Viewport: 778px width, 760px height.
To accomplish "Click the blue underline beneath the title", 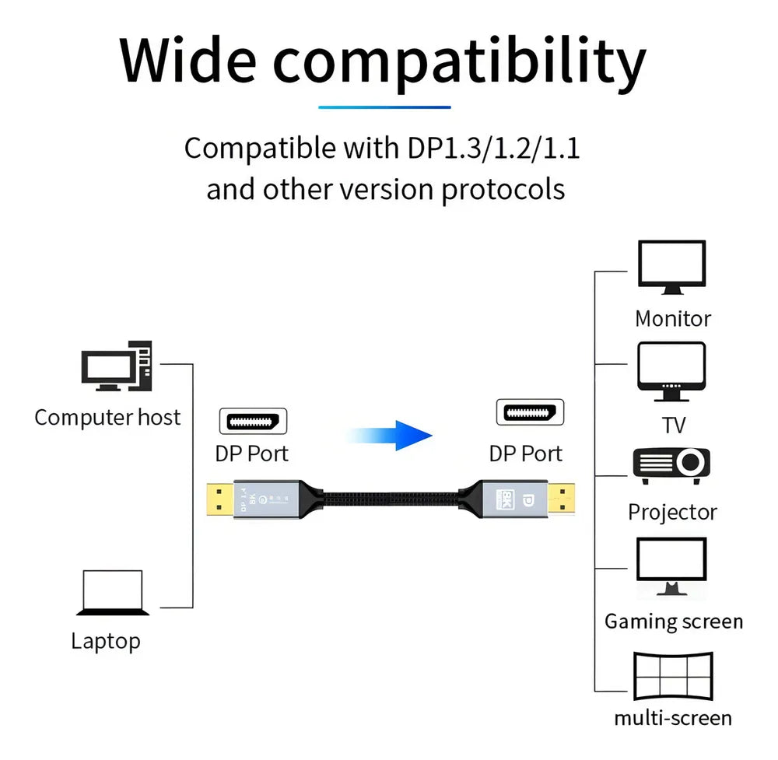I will click(384, 107).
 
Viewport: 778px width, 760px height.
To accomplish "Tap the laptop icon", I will click(114, 593).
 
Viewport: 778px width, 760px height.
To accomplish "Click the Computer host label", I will click(107, 418).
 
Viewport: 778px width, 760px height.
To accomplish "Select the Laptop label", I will click(106, 641).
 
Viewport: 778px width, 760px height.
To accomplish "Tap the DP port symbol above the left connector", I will click(253, 421).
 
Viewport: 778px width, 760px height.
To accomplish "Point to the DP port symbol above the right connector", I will click(530, 412).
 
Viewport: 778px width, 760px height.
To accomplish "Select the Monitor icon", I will click(672, 267).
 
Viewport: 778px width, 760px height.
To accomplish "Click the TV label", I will click(674, 426).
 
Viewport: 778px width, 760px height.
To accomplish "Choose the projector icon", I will click(671, 464).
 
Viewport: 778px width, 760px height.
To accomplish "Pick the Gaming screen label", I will click(674, 622).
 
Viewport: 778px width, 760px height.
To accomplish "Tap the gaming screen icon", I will click(671, 566).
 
